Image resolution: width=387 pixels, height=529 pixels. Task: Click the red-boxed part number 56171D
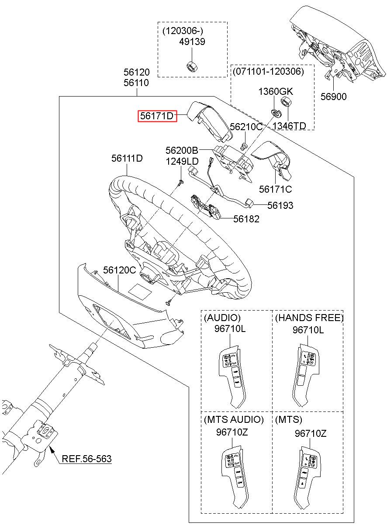pyautogui.click(x=157, y=116)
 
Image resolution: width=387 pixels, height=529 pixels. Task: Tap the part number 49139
pyautogui.click(x=192, y=42)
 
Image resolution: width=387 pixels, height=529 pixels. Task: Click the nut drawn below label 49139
pyautogui.click(x=191, y=66)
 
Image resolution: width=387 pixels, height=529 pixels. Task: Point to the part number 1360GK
pyautogui.click(x=276, y=91)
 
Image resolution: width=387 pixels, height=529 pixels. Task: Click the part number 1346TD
pyautogui.click(x=289, y=126)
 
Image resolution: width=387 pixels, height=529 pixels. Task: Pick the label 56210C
pyautogui.click(x=246, y=127)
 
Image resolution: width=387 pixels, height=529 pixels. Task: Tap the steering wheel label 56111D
pyautogui.click(x=127, y=158)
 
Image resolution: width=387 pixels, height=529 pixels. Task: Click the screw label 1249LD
pyautogui.click(x=182, y=162)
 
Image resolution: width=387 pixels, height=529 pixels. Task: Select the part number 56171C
pyautogui.click(x=275, y=189)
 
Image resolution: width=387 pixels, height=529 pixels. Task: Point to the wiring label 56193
pyautogui.click(x=280, y=205)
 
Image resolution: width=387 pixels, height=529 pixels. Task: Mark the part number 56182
pyautogui.click(x=246, y=219)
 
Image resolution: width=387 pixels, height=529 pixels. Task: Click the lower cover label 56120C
pyautogui.click(x=120, y=270)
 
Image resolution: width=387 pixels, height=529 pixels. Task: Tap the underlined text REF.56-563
pyautogui.click(x=86, y=459)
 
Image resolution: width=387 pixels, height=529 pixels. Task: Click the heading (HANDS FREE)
pyautogui.click(x=309, y=318)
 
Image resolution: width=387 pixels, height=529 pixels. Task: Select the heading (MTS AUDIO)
pyautogui.click(x=234, y=420)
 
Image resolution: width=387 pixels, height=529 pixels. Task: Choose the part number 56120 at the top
pyautogui.click(x=136, y=72)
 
